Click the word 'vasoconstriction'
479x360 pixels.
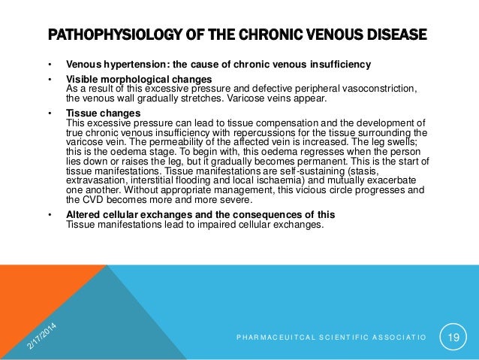(375, 88)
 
